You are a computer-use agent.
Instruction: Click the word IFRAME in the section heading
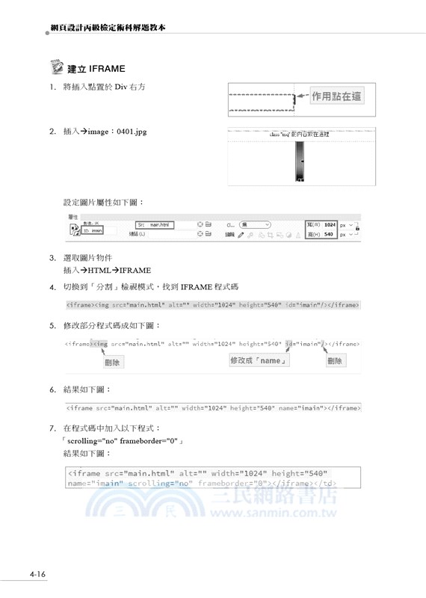tap(107, 70)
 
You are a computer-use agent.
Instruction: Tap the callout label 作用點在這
tap(337, 97)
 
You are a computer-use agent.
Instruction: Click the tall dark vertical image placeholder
tap(299, 161)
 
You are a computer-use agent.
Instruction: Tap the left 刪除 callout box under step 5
tap(113, 362)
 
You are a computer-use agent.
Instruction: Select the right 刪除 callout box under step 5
tap(336, 360)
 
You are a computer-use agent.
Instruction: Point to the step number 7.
tap(52, 428)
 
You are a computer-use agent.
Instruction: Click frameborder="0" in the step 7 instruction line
tap(148, 441)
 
